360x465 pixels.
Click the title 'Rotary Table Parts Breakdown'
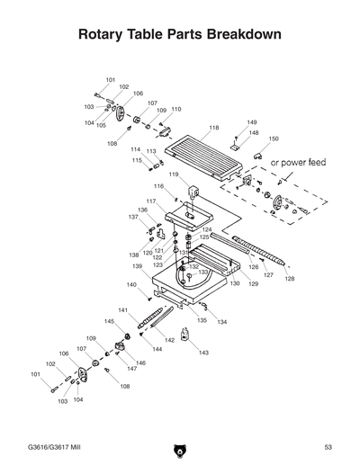pos(180,35)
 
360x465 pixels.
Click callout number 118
pos(213,129)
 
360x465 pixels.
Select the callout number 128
pos(289,279)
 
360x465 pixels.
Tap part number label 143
pos(203,353)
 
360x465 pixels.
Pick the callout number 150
pos(274,139)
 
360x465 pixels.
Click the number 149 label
pos(252,122)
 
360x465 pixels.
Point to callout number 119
pos(173,174)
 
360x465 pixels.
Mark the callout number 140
pos(131,285)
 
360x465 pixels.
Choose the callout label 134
pos(221,321)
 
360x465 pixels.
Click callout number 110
pos(175,109)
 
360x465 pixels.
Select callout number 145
pos(109,321)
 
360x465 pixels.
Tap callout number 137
pos(132,217)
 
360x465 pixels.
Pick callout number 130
pos(234,283)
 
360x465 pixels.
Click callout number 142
pos(169,341)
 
